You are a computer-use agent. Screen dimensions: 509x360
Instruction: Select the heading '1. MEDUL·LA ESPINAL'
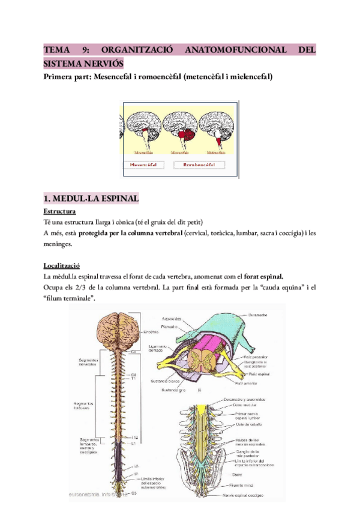tap(91, 199)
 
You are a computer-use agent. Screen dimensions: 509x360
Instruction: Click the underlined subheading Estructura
tap(59, 212)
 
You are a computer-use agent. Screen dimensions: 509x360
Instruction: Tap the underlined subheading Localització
tap(63, 265)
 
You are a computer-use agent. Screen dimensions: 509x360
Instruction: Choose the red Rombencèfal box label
tap(199, 164)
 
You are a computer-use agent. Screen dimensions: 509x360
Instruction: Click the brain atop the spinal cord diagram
tap(117, 328)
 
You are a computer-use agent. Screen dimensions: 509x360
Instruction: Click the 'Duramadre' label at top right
tap(259, 314)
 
